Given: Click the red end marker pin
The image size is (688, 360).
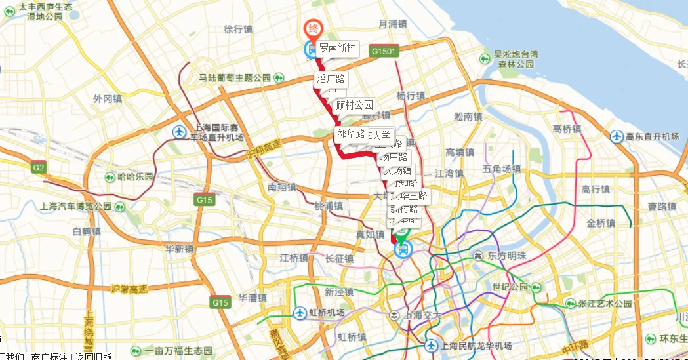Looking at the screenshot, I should point(314,28).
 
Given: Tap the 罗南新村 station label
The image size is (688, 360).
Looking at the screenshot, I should point(337,48).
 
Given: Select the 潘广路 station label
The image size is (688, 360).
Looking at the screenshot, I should point(331,79).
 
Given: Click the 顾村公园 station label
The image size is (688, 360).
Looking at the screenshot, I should point(354,104).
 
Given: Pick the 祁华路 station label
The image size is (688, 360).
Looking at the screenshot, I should point(351,134).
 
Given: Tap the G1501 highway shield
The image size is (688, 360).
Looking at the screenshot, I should point(383,50).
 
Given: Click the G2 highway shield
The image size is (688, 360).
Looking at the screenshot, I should point(39,168).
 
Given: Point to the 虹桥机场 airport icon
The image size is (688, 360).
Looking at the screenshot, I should point(300,313).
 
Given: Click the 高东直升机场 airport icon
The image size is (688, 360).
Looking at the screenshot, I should point(617,136).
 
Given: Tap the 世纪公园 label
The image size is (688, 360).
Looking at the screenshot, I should point(510,287).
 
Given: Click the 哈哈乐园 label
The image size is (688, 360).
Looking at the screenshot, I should point(135,177).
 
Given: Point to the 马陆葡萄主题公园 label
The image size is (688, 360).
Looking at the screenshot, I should point(235,78).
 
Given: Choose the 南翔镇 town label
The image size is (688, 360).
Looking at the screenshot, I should point(281,187).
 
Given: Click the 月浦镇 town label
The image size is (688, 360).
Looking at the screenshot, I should point(393,24).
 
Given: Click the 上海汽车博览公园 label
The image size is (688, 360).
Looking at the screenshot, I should point(76,206).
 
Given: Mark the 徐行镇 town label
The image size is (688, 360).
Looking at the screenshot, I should point(238,29).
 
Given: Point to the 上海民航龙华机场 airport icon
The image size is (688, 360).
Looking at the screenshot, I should point(431,346).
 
